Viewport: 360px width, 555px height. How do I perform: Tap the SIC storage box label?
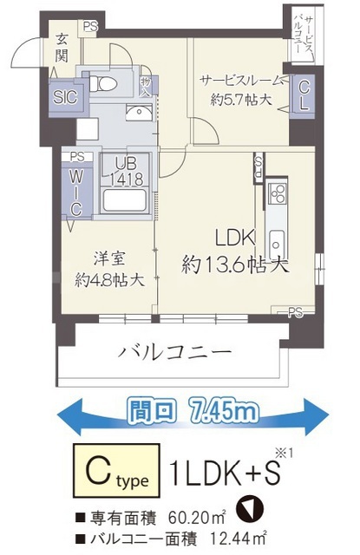(63, 96)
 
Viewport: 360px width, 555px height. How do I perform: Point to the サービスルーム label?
(240, 80)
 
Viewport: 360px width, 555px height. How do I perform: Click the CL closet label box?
(304, 95)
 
